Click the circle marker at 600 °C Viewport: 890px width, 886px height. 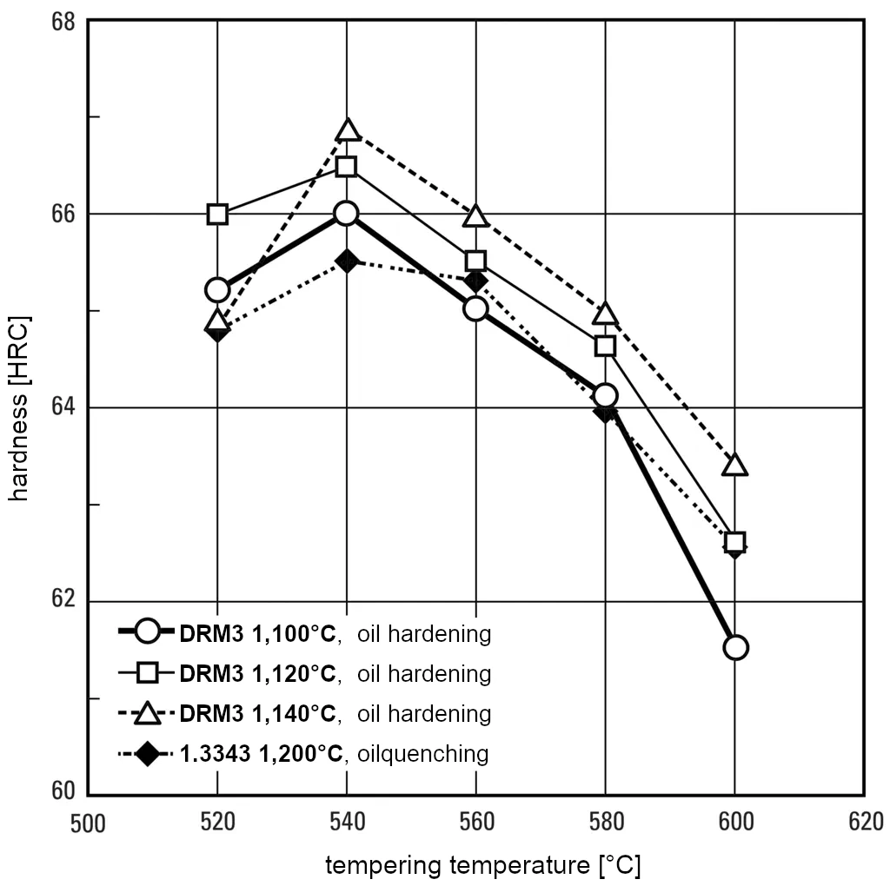click(x=735, y=647)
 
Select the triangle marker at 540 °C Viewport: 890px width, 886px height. click(x=347, y=130)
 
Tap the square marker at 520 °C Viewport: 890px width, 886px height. click(x=217, y=214)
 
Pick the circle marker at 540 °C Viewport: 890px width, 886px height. click(x=346, y=214)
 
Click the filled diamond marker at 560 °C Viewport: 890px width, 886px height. click(x=475, y=281)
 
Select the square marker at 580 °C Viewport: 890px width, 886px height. click(x=605, y=346)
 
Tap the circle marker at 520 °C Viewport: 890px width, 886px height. click(x=217, y=289)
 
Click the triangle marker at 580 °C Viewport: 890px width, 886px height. click(x=605, y=314)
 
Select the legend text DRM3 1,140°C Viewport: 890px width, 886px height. click(x=257, y=713)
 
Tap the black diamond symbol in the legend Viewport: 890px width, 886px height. click(x=148, y=753)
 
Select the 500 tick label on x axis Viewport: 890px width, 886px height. click(x=88, y=822)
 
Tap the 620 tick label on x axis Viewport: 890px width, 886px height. click(x=865, y=822)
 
